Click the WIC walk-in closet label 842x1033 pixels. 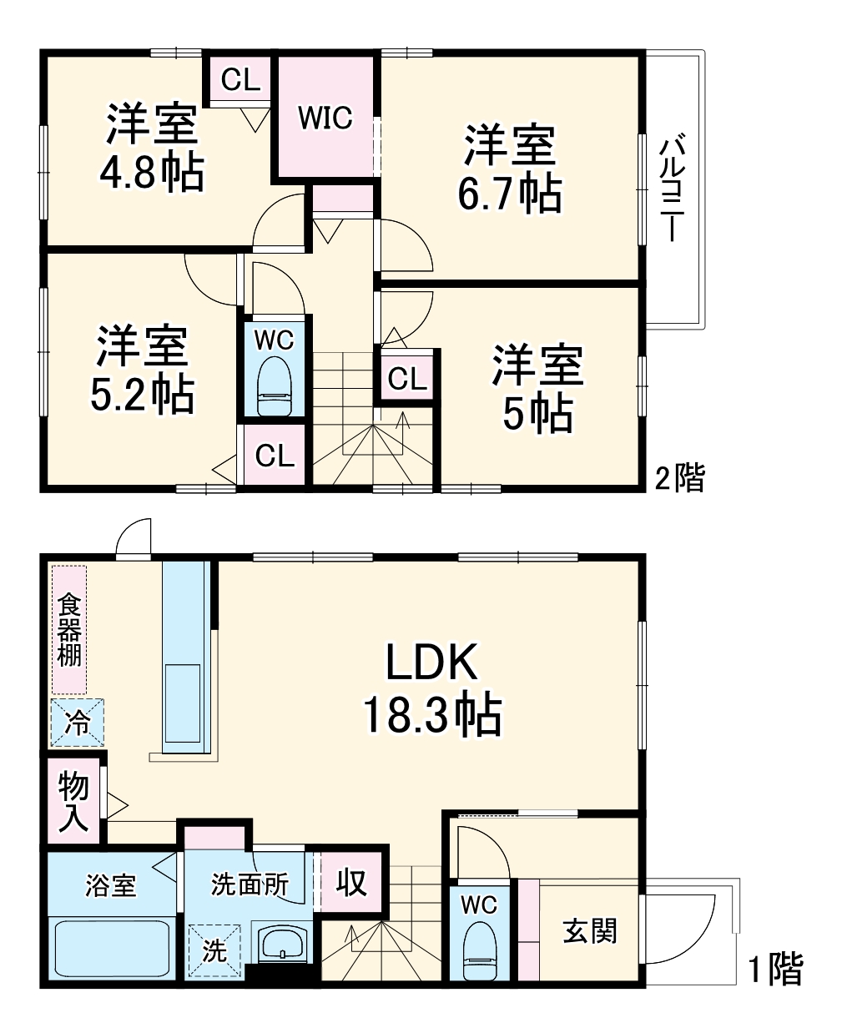[325, 118]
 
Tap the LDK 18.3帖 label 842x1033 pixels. [431, 689]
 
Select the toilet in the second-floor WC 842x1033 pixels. [274, 386]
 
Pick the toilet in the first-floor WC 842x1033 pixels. [479, 950]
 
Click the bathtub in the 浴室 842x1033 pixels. [112, 948]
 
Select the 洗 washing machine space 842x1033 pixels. [214, 950]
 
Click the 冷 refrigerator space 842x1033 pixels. [77, 722]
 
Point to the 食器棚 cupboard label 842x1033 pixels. [69, 630]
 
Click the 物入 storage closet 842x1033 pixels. [73, 800]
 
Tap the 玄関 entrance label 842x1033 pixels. [589, 930]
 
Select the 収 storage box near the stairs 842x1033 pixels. [351, 881]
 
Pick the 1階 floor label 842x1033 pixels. [774, 969]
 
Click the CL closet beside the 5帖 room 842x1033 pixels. [407, 379]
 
